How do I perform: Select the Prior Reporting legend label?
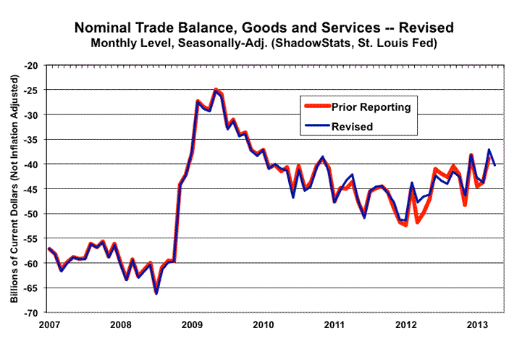coord(371,107)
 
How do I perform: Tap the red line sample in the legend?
coord(316,107)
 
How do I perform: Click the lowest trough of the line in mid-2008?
coord(156,293)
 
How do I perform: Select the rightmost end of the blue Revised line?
coord(494,165)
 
